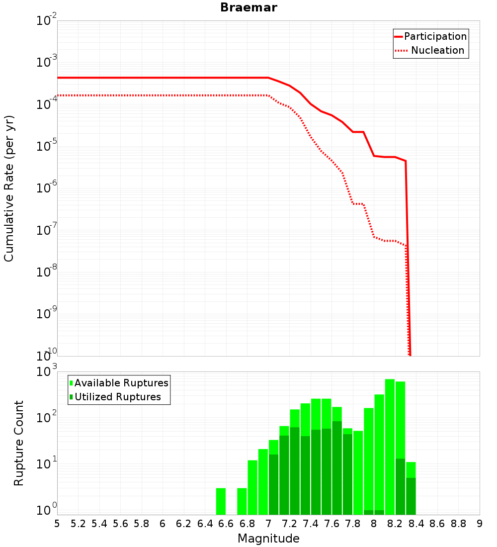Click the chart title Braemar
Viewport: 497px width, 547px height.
(x=248, y=7)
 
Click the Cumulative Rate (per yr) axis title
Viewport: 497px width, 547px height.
(x=9, y=188)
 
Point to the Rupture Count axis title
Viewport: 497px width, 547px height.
(x=18, y=443)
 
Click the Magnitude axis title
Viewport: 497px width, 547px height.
(x=268, y=539)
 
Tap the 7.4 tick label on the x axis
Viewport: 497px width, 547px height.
(x=311, y=524)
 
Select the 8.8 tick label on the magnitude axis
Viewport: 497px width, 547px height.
(x=458, y=524)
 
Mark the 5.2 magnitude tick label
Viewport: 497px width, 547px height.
(x=78, y=524)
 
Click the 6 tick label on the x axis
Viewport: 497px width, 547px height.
(x=163, y=524)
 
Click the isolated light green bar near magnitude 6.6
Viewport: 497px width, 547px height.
(x=221, y=501)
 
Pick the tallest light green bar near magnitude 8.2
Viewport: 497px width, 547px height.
(x=390, y=447)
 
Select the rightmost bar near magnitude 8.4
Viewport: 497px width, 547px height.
(x=411, y=488)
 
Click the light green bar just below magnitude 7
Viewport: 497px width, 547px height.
(x=263, y=482)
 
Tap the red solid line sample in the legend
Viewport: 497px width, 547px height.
(x=398, y=37)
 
